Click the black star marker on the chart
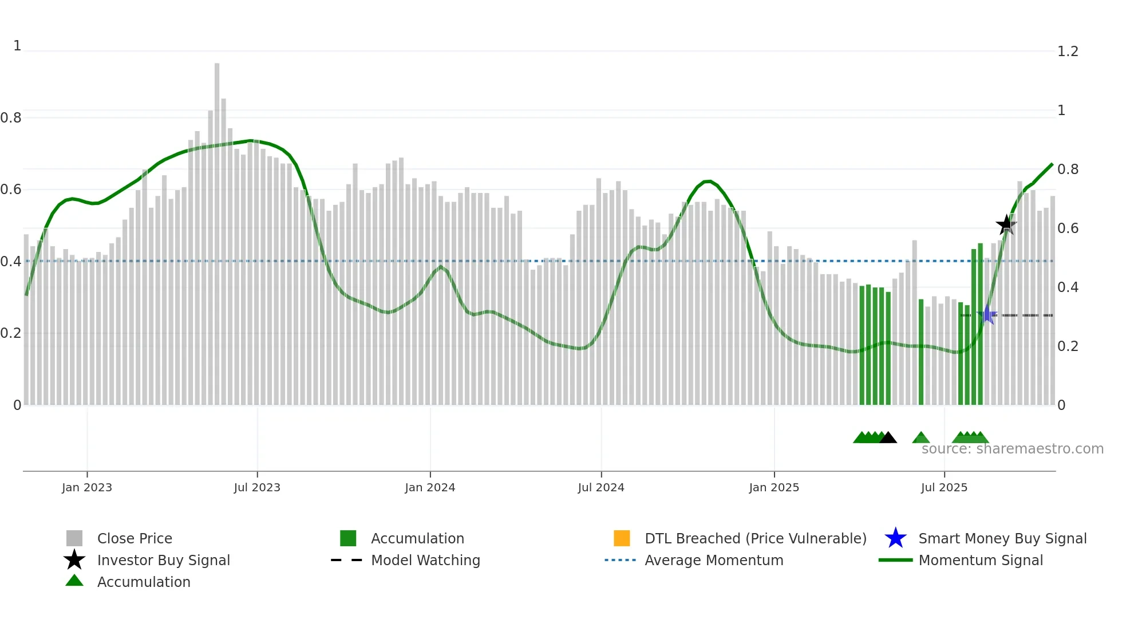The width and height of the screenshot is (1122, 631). coord(1006,224)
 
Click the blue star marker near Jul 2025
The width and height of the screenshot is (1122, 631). coord(987,314)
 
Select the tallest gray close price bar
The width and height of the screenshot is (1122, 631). coord(217,229)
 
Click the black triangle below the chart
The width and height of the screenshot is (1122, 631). coord(888,438)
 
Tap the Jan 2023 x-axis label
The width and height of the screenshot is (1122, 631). coord(87,488)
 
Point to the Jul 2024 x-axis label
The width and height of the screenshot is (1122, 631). coord(601,488)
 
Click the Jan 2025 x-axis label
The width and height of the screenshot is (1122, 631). coord(774,488)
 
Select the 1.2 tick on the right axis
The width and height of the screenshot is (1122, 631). coord(1068,52)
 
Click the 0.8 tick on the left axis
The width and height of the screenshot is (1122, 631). coord(11,118)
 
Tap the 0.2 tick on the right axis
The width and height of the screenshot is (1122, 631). coord(1068,346)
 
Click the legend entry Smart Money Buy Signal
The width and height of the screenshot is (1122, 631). coord(1002,539)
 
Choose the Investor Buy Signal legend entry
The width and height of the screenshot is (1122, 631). coord(163,561)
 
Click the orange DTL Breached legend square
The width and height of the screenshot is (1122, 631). coord(622,538)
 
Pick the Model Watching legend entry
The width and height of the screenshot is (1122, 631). coord(425,561)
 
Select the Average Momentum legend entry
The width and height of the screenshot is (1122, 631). coord(714,561)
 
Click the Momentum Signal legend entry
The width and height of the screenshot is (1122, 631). coord(981,561)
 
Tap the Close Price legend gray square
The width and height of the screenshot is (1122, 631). coord(74,538)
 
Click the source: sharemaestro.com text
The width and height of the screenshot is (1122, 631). coord(1012,449)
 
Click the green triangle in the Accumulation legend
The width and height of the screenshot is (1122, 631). coord(74,581)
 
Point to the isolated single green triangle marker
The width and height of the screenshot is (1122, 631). coord(920,438)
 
